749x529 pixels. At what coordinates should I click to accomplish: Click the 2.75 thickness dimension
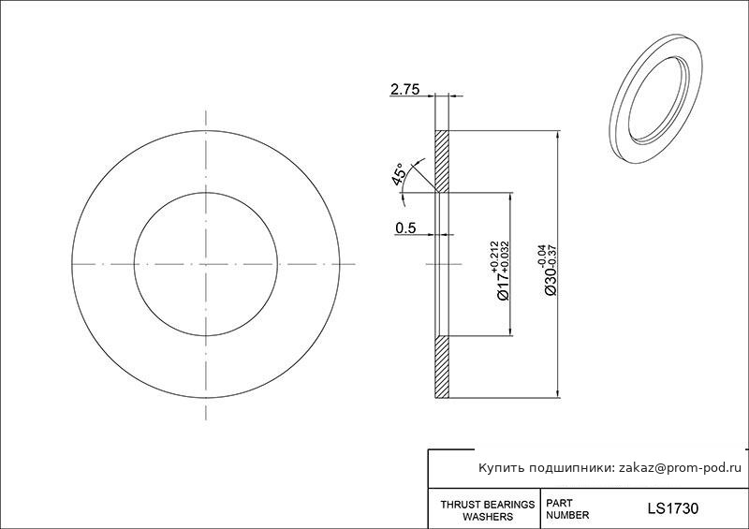point(404,89)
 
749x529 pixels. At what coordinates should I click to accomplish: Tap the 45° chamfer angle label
point(398,173)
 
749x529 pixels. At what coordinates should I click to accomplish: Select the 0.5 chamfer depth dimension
point(405,228)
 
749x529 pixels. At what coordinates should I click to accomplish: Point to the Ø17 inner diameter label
point(503,286)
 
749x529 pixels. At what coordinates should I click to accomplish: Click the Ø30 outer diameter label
point(550,281)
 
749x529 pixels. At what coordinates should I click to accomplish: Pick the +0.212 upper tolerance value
point(494,257)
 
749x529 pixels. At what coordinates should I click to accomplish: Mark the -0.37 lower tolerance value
point(553,256)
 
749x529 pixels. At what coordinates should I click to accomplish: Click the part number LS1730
point(672,508)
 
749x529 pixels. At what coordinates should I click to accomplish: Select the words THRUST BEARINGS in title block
point(487,505)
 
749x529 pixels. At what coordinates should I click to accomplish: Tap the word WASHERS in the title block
point(488,517)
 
